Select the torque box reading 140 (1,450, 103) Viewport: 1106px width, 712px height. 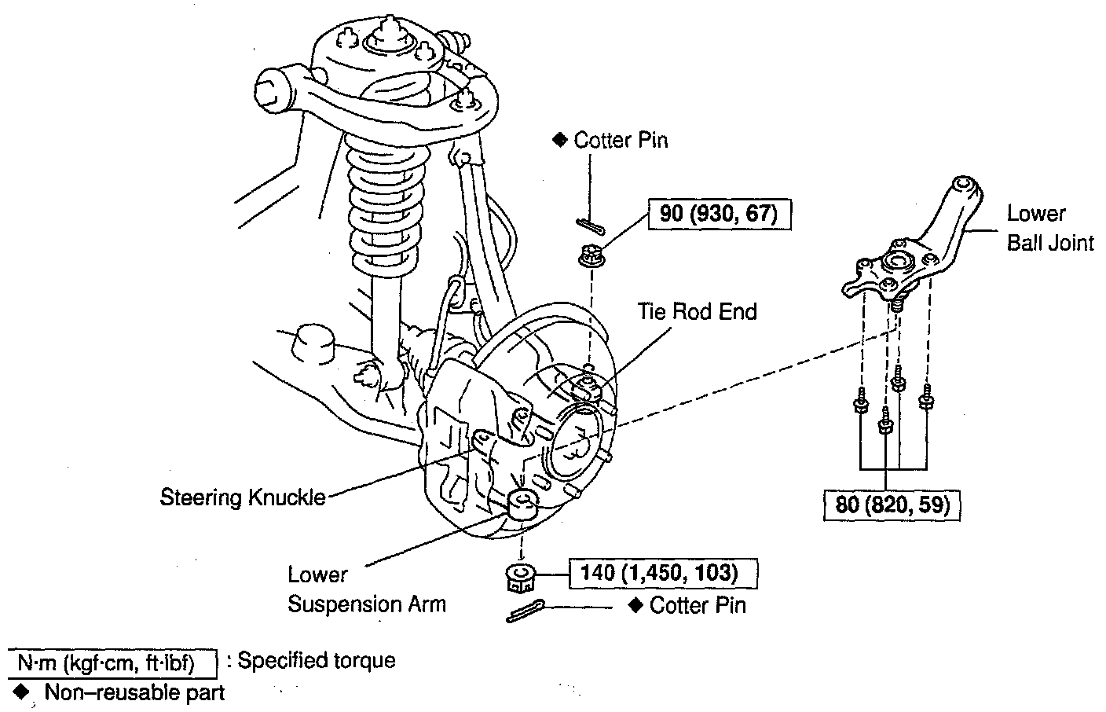point(659,574)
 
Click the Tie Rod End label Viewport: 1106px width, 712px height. point(697,312)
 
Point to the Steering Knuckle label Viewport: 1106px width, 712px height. point(243,497)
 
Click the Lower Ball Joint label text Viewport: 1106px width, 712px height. point(1049,228)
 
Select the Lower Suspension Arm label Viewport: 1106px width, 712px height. point(366,589)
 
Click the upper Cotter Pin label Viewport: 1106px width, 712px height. point(621,141)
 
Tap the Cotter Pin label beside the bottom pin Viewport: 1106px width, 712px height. point(698,606)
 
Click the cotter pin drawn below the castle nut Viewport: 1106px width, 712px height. point(529,611)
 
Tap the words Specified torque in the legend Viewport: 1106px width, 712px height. point(317,661)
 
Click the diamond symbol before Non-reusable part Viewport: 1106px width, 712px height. point(21,692)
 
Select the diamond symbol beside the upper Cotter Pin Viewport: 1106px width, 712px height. point(559,140)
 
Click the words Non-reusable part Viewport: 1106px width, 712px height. point(134,692)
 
